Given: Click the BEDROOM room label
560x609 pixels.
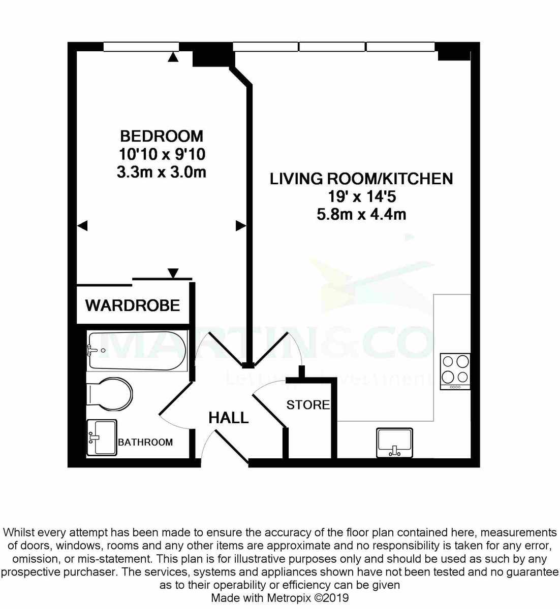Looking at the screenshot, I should tap(161, 136).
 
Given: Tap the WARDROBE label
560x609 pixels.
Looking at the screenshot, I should tap(133, 306).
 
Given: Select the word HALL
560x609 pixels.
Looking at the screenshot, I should tap(229, 418).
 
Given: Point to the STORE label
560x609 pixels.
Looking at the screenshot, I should tap(308, 405).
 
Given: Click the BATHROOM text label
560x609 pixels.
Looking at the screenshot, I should tap(145, 442).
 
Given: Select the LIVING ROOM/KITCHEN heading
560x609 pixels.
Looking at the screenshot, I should tap(361, 179).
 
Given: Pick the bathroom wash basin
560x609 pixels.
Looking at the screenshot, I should tap(102, 437).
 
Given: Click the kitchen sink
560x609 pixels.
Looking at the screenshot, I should tap(395, 442).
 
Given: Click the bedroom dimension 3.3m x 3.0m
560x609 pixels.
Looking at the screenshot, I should tap(161, 172).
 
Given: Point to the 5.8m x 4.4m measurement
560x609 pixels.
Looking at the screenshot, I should tap(361, 214).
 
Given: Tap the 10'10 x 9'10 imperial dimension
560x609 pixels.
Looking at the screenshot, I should tap(162, 154).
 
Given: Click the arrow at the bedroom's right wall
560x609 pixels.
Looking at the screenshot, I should tap(241, 226).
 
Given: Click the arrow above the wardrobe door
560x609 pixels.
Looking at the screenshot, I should tap(173, 273).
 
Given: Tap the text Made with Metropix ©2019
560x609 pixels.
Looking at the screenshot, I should tap(280, 598).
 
